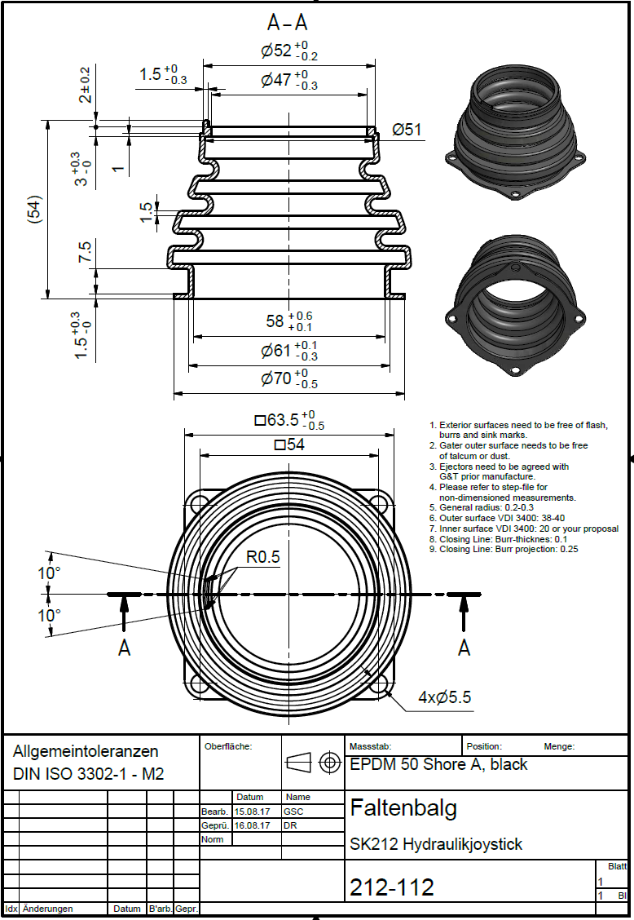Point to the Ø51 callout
(x=407, y=130)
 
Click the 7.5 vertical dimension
(x=85, y=252)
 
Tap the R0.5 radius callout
(x=263, y=557)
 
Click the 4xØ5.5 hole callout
(x=444, y=697)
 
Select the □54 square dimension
(x=291, y=445)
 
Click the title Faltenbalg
(x=403, y=808)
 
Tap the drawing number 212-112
(x=392, y=887)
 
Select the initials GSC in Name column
(x=293, y=812)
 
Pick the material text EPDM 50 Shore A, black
(x=438, y=765)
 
